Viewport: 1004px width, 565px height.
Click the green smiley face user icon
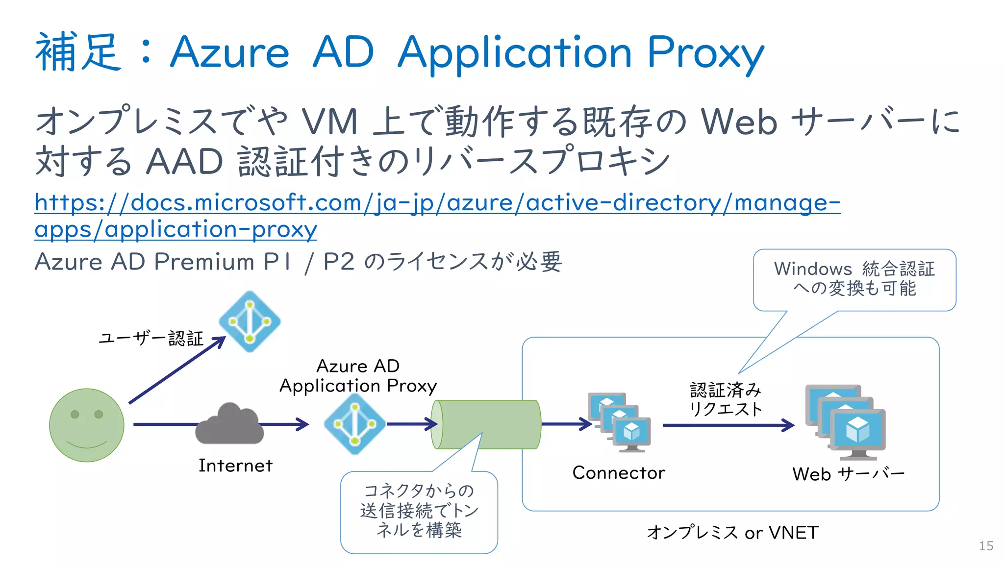87,425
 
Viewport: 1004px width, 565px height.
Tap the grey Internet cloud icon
229,424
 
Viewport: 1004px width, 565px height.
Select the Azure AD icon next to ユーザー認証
250,321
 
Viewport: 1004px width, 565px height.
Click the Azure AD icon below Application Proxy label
355,424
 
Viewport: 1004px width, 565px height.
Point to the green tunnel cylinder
487,424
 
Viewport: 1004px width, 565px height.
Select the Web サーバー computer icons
845,422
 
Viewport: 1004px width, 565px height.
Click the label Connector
619,473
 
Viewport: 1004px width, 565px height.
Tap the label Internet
235,466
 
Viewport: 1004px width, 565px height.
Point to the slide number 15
986,546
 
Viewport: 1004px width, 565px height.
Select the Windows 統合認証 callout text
854,278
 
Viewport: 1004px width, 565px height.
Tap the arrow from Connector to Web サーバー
728,425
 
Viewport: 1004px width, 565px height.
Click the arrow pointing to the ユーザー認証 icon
176,370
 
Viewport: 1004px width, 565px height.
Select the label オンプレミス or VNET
732,533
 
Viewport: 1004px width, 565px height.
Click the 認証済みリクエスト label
726,399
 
